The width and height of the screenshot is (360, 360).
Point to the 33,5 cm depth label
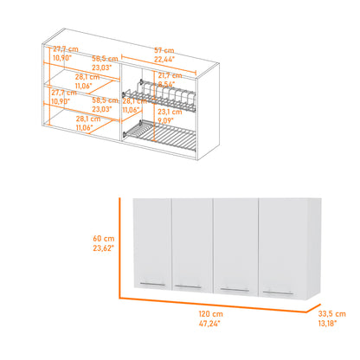(332, 314)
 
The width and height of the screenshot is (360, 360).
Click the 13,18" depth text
(331, 324)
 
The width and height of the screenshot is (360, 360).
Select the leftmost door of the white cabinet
(153, 247)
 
